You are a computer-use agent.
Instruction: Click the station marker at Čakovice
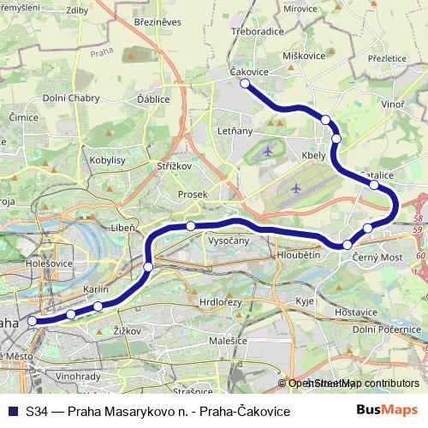point(245,83)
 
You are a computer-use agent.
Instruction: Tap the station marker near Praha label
point(33,321)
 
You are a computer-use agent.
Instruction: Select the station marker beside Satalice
point(374,184)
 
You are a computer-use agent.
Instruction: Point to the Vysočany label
point(229,241)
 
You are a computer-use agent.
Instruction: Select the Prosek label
point(193,194)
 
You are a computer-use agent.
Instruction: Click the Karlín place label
point(96,290)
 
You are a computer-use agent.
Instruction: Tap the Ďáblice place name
point(153,99)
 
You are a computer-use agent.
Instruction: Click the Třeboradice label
point(258,32)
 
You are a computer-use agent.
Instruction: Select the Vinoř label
point(393,104)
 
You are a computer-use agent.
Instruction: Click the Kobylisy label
point(108,160)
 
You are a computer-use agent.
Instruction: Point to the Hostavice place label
point(356,312)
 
